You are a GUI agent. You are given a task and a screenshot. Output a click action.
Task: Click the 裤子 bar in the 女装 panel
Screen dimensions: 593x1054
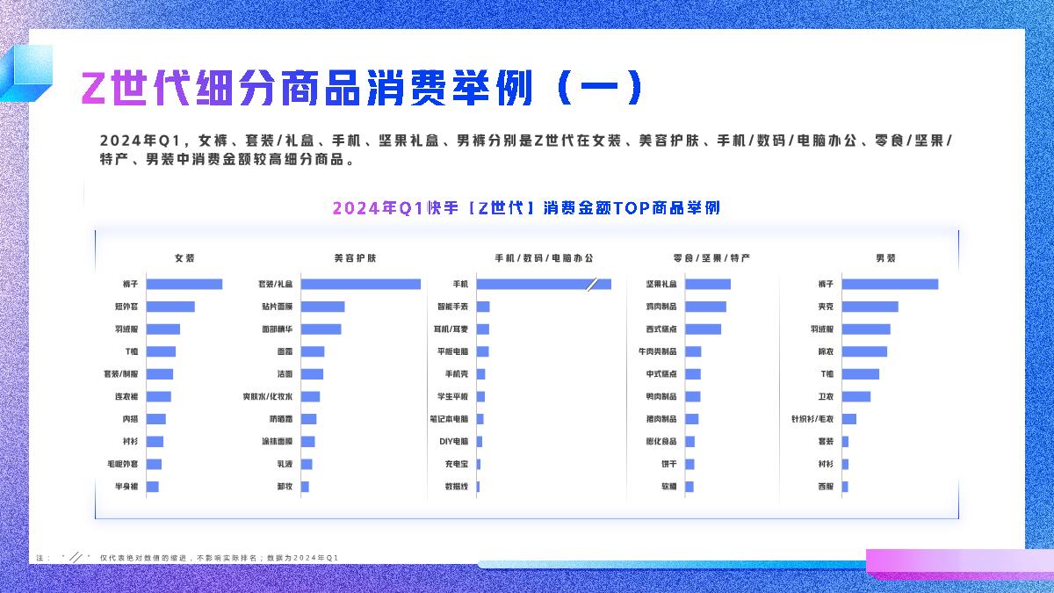coord(184,284)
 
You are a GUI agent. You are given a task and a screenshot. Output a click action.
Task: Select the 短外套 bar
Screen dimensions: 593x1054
coord(170,307)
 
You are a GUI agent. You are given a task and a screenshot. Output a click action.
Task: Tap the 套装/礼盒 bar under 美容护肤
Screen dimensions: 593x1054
coord(360,284)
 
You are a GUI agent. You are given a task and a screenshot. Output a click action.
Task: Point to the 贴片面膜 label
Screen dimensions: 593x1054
coord(278,307)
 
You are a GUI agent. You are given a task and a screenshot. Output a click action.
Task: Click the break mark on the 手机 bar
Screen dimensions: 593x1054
coord(592,284)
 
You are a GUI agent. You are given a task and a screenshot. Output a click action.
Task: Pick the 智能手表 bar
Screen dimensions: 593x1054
coord(483,307)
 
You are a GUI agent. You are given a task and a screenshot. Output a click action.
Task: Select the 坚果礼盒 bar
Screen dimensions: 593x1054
coord(708,284)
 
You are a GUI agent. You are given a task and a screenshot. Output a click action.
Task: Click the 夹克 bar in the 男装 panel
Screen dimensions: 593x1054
coord(870,307)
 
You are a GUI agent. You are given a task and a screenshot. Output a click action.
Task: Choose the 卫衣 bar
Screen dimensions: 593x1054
coord(856,396)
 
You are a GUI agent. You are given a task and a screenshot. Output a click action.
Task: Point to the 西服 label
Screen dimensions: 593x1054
coord(826,487)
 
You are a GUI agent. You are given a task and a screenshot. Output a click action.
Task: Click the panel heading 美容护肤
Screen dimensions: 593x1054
coord(355,258)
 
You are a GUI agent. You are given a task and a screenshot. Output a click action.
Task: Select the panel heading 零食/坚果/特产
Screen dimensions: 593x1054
coord(711,258)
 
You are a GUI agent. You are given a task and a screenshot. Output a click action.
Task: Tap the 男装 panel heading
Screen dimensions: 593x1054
coord(885,258)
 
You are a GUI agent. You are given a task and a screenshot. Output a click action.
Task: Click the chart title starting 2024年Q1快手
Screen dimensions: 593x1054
coord(526,208)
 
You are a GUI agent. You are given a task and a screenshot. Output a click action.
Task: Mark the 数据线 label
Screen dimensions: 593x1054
coord(457,487)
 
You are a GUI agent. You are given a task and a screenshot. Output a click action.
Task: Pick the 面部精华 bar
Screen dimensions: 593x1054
coord(321,329)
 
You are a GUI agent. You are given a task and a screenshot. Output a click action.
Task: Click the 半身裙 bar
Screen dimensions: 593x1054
coord(153,487)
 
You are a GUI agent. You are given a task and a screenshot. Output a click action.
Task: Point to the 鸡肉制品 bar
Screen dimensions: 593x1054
coord(705,307)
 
